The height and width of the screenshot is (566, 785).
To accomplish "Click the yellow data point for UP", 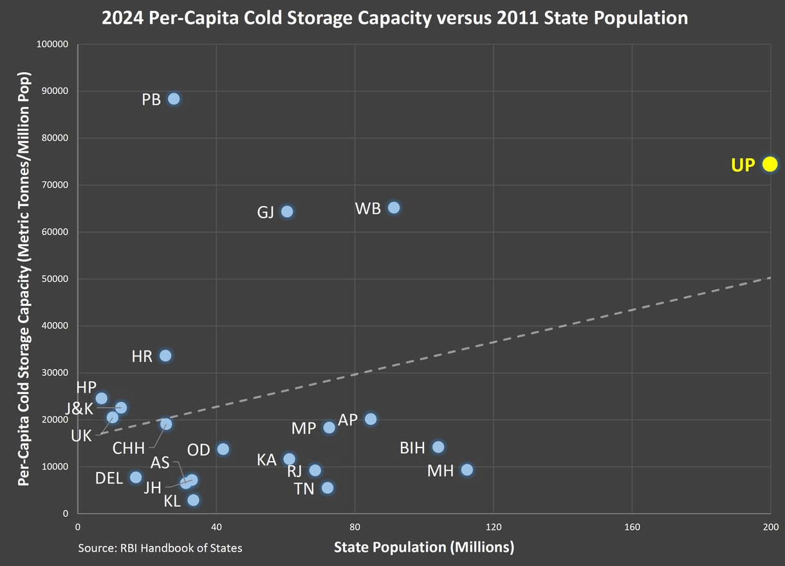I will [x=770, y=164].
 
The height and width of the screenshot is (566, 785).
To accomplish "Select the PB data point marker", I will [x=174, y=99].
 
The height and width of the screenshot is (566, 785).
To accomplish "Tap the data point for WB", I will [x=394, y=207].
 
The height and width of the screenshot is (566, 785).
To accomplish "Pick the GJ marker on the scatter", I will [x=287, y=211].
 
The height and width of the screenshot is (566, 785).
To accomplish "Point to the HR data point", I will [x=165, y=355].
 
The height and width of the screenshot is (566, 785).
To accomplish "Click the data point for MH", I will [x=467, y=470].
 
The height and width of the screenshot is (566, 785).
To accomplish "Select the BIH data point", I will [x=438, y=447].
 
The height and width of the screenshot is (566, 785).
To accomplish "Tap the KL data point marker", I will [x=193, y=500].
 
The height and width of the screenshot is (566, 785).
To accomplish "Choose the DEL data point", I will [x=136, y=477].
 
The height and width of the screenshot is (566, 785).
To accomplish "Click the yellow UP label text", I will [x=743, y=165].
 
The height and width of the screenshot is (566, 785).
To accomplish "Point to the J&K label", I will [x=79, y=409].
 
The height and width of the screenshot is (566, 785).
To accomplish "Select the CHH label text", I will [x=129, y=448].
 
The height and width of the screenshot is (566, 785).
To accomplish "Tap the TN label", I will [x=304, y=489].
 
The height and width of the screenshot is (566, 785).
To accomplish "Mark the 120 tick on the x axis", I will [x=494, y=526].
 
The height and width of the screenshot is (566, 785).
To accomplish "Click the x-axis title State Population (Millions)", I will [x=424, y=547].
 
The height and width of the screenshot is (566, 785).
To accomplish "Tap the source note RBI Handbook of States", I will [x=160, y=548].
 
